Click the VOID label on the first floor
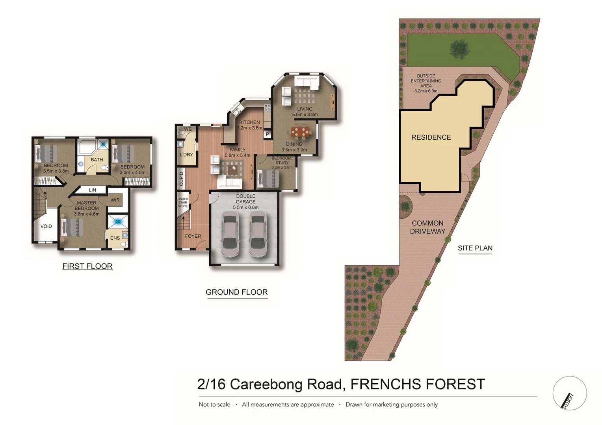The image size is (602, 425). pos(46,226)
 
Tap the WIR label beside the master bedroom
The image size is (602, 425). pos(115,200)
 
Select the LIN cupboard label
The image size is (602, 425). pos(93,190)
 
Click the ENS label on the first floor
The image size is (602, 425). pos(115,238)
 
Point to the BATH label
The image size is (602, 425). pos(97,160)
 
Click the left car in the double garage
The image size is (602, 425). pos(230,235)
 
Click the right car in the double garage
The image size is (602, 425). pos(258,235)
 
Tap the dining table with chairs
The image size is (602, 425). pos(300,132)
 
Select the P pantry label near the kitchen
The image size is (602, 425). pos(268,134)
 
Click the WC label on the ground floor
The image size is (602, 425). pos(188,129)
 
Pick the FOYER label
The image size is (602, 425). pos(193,236)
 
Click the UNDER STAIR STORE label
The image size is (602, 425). pos(183,203)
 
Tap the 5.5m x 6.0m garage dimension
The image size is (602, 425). pos(246,207)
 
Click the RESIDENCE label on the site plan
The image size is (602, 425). pos(431,137)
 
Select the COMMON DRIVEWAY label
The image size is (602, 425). pos(427,227)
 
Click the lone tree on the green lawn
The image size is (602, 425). pos(459,49)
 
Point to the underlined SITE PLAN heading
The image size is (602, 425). pos(475,248)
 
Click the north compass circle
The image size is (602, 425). pos(569,393)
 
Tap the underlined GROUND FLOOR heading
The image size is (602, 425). pos(236,292)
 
